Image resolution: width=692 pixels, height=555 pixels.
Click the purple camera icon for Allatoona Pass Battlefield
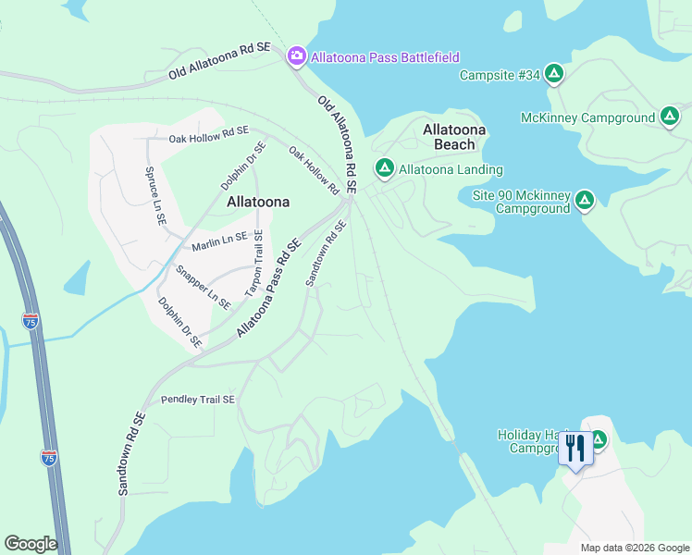(x=297, y=56)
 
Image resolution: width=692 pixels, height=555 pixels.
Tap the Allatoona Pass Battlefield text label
(x=385, y=57)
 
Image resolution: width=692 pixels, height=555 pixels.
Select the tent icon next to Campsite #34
(x=553, y=74)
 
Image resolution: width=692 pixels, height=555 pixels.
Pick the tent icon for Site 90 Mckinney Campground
(x=584, y=200)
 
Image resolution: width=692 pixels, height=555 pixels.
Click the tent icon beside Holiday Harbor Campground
(x=599, y=439)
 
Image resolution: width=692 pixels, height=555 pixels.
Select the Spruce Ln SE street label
(x=154, y=196)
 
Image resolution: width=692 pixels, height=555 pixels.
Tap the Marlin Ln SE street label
(x=219, y=242)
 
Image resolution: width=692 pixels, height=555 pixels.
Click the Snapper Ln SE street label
(x=203, y=287)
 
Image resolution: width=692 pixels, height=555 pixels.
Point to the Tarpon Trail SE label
(x=253, y=264)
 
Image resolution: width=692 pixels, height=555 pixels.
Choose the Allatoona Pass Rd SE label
(x=269, y=288)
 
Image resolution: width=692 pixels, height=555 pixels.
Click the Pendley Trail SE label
(x=198, y=400)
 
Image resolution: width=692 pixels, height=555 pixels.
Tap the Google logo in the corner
(x=31, y=544)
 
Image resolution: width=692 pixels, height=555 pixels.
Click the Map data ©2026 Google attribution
(x=635, y=548)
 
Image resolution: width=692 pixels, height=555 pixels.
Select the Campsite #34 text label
(x=499, y=75)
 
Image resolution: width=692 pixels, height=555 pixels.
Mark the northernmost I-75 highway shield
(x=31, y=321)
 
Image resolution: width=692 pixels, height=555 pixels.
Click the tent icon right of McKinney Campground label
(x=670, y=117)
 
